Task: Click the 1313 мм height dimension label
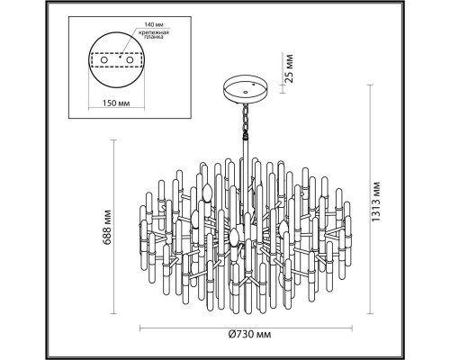coord(375,202)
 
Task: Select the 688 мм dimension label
coord(108,228)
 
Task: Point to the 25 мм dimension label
coord(288,68)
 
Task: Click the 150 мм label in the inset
coord(116,103)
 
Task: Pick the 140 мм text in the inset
coord(154,24)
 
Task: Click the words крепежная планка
coord(154,35)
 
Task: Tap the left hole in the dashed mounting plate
coord(103,60)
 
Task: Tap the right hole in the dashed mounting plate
coord(130,60)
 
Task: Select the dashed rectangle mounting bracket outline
coord(116,53)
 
